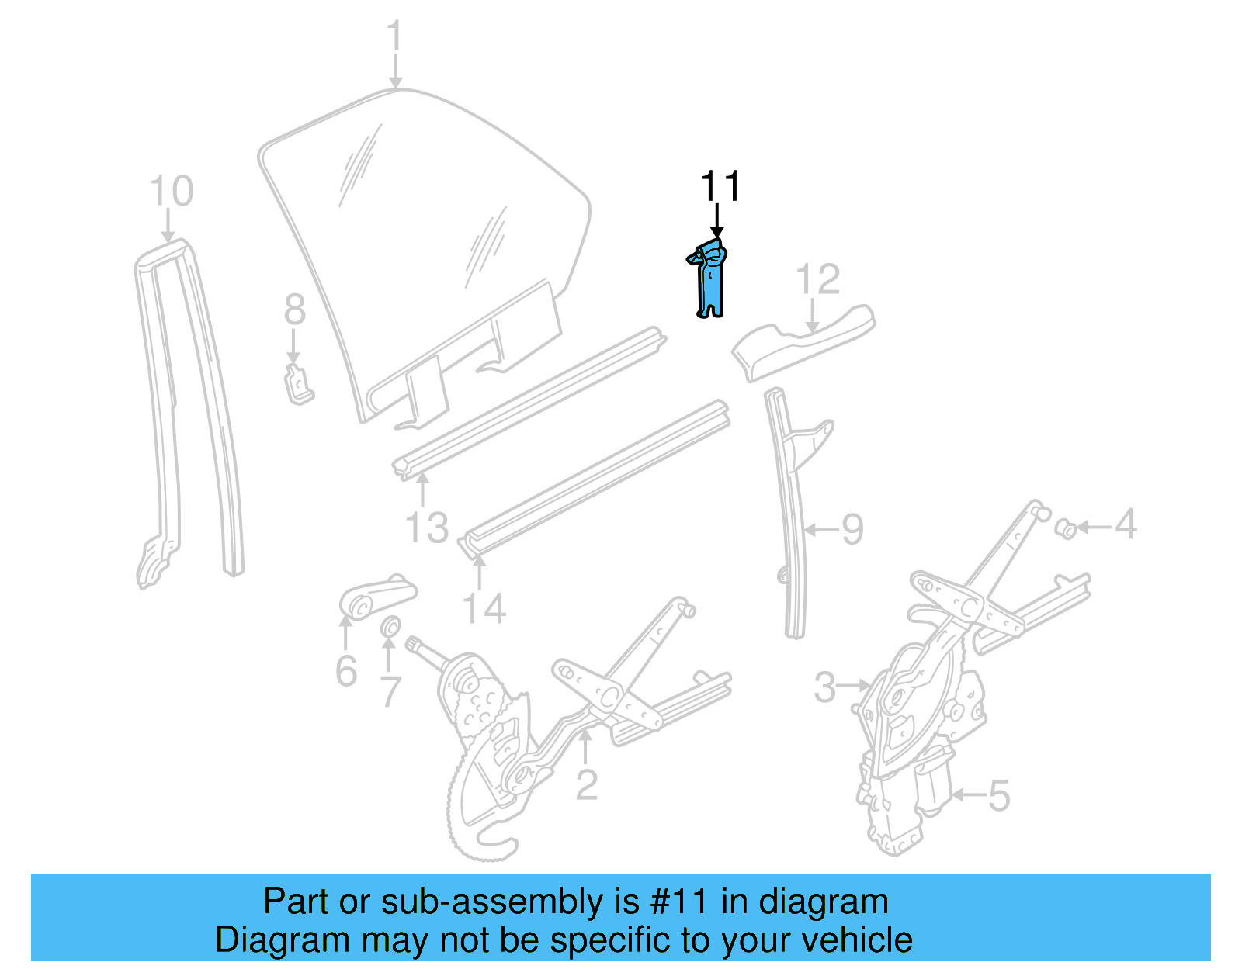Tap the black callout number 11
tap(720, 187)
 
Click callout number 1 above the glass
tap(395, 36)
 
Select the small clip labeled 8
tap(298, 383)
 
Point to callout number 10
tap(171, 192)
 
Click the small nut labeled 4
tap(1067, 529)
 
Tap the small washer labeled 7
tap(390, 626)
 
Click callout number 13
tap(427, 528)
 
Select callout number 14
tap(484, 608)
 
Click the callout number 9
tap(852, 530)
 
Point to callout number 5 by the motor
tap(998, 795)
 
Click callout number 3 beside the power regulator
tap(824, 687)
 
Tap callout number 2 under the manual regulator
tap(586, 784)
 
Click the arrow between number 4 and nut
tap(1093, 527)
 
